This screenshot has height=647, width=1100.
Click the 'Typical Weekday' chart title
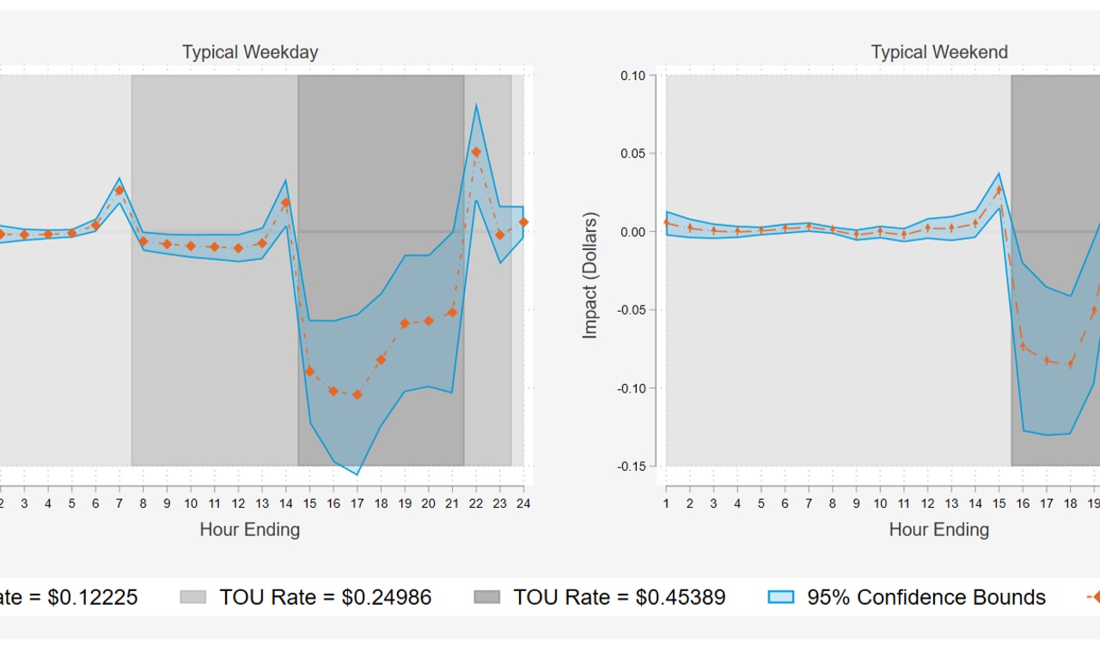[250, 52]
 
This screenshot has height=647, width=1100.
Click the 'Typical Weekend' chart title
[939, 52]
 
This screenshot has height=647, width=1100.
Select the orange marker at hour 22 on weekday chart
[476, 152]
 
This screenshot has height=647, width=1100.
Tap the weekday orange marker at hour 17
[357, 395]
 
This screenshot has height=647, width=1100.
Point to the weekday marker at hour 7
[119, 190]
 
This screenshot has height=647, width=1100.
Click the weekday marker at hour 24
[523, 223]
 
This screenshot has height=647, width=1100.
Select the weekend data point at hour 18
[1070, 363]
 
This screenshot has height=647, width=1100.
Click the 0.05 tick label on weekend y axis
[632, 154]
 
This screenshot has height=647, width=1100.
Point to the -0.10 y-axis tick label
[632, 388]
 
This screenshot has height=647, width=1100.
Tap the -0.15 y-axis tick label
[632, 467]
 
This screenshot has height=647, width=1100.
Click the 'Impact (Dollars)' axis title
[590, 275]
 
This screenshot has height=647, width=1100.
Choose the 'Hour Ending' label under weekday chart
[250, 529]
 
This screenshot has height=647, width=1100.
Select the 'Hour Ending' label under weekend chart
[939, 529]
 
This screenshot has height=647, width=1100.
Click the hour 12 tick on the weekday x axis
[238, 504]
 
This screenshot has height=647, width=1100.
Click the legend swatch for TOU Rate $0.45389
[487, 597]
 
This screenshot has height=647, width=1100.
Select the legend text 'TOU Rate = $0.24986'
[325, 597]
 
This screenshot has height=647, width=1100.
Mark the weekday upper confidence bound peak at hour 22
[476, 106]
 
